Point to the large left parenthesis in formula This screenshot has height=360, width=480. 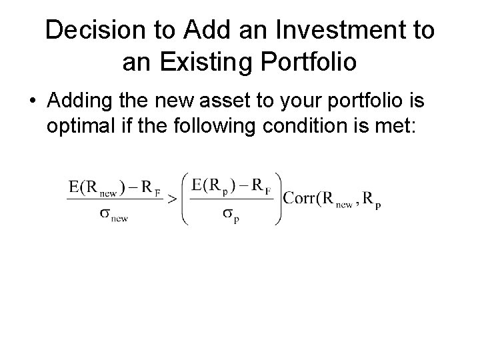point(185,198)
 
